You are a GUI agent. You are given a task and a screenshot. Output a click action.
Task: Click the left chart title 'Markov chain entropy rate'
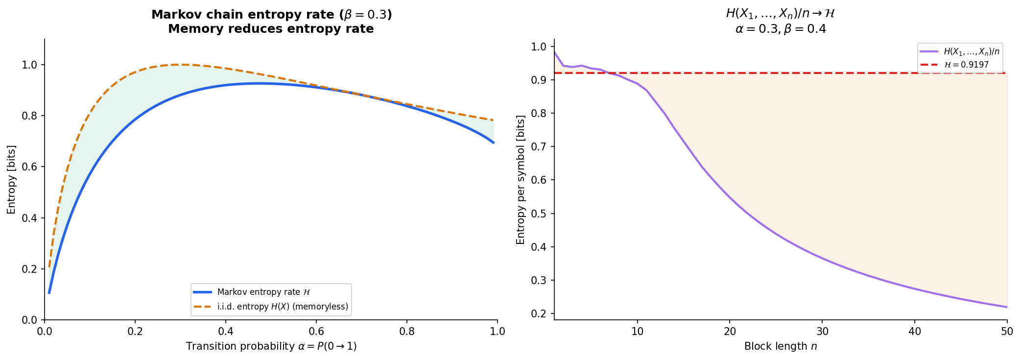click(271, 15)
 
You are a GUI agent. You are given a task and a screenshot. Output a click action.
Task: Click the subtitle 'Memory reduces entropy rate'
click(271, 29)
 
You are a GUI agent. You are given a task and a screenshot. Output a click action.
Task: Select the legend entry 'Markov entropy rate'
click(263, 292)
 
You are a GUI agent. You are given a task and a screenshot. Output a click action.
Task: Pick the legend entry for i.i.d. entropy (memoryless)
click(283, 307)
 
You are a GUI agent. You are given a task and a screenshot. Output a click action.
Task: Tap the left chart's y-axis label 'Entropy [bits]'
click(11, 180)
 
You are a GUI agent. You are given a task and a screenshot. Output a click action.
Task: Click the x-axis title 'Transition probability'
click(271, 346)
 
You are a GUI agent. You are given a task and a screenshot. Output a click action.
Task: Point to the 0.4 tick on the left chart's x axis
click(226, 331)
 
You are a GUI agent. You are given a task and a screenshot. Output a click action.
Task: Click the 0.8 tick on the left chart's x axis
click(407, 331)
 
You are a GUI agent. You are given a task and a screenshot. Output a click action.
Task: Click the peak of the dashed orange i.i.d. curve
click(180, 65)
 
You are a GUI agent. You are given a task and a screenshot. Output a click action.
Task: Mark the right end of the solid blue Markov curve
click(493, 143)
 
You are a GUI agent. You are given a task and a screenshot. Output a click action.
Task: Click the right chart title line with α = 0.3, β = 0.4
click(781, 29)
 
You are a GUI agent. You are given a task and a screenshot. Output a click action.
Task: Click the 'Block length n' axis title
click(781, 346)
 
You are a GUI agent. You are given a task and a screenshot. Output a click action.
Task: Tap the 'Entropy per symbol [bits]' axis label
click(521, 180)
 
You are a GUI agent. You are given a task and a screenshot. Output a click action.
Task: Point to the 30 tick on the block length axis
click(822, 331)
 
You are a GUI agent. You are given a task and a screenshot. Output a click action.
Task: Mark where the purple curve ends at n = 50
click(1007, 307)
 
